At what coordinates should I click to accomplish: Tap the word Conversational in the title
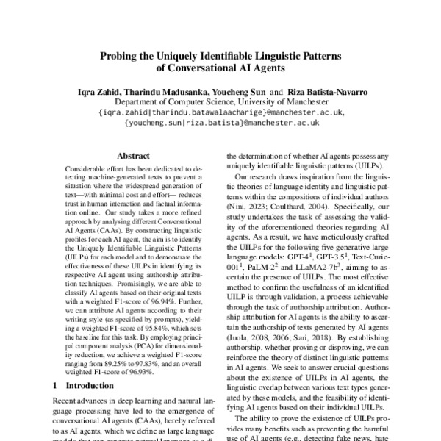click(x=195, y=70)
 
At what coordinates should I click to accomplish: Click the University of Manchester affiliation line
click(x=220, y=103)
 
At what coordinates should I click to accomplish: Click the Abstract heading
click(x=133, y=156)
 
